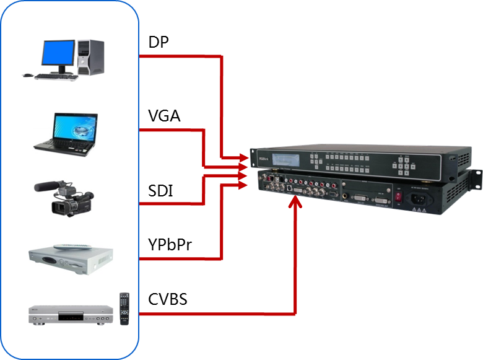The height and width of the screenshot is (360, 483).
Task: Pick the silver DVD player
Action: tap(68, 314)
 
